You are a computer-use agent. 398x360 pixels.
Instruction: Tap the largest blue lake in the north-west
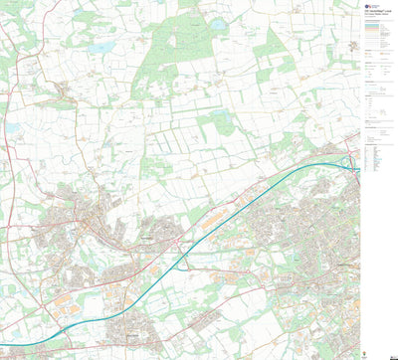pos(99,47)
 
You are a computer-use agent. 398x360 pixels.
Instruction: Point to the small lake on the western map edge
pos(12,127)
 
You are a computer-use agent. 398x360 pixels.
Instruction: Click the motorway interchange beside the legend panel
pos(352,163)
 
